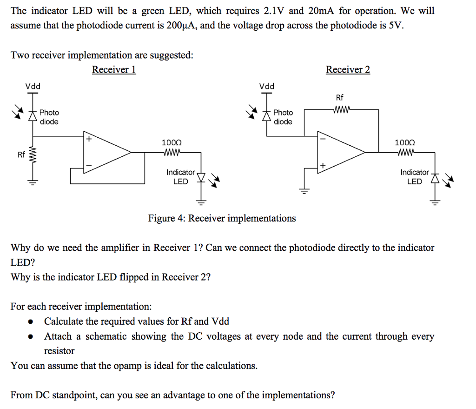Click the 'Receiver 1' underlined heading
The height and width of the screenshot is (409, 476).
coord(114,70)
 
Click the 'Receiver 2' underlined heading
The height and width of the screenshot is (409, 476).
coord(348,70)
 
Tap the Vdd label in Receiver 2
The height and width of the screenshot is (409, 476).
coord(267,86)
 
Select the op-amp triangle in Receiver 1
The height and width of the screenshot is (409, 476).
coord(105,151)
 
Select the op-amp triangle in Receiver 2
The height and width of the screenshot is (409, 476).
coord(339,151)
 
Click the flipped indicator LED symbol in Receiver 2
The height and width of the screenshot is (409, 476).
coord(435,178)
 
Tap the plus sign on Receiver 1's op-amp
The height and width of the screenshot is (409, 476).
coord(88,139)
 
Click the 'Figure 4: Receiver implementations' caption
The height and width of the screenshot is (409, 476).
coord(222,218)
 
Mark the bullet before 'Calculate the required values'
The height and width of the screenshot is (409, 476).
coord(31,322)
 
